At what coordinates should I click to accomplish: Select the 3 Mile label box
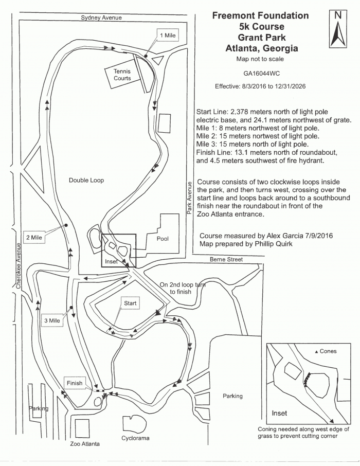pyautogui.click(x=52, y=320)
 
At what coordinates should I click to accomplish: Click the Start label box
pyautogui.click(x=130, y=303)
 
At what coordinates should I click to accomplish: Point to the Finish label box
pyautogui.click(x=75, y=383)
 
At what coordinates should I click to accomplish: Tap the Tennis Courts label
pyautogui.click(x=122, y=75)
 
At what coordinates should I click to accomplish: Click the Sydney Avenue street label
pyautogui.click(x=101, y=17)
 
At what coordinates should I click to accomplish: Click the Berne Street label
pyautogui.click(x=226, y=260)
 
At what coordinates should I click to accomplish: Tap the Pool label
pyautogui.click(x=163, y=239)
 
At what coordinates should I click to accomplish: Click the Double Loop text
pyautogui.click(x=86, y=181)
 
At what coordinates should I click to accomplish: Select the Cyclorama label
pyautogui.click(x=135, y=439)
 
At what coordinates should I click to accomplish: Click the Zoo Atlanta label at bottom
pyautogui.click(x=85, y=443)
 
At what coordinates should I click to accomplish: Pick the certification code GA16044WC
pyautogui.click(x=260, y=74)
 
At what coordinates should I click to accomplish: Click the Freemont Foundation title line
pyautogui.click(x=260, y=15)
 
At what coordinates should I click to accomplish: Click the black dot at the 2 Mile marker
pyautogui.click(x=66, y=226)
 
